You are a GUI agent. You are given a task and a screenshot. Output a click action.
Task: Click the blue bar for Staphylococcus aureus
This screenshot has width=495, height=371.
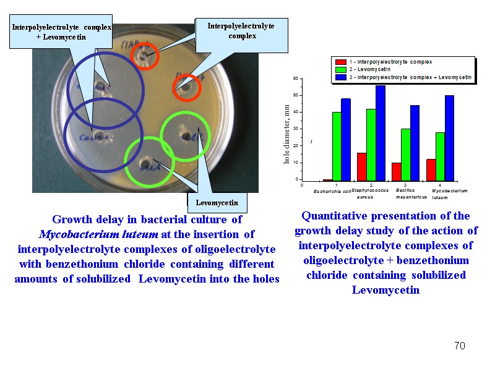(380, 133)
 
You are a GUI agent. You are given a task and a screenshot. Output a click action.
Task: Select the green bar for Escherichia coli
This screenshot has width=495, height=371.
(337, 147)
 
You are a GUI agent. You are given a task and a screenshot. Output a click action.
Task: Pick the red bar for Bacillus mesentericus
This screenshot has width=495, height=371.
(396, 171)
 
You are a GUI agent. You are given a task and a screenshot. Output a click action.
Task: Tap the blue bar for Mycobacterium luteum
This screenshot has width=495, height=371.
(449, 138)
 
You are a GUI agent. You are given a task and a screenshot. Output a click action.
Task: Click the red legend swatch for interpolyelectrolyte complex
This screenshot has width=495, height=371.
(340, 62)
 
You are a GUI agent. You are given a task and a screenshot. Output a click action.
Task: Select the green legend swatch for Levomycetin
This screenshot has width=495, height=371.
(340, 70)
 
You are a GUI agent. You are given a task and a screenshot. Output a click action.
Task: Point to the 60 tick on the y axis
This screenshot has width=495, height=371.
(296, 79)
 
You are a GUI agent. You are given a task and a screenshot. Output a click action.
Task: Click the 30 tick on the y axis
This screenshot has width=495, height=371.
(296, 129)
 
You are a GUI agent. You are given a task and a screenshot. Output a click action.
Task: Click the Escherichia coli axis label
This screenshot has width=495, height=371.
(332, 192)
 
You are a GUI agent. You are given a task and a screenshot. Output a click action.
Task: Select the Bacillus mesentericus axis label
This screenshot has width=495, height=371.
(408, 194)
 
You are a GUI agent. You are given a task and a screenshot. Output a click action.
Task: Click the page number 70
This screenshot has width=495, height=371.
(459, 346)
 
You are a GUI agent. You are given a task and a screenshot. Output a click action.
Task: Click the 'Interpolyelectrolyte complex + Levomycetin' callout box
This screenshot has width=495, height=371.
(61, 33)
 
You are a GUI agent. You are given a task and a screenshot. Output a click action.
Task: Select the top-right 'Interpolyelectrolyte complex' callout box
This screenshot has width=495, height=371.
(241, 31)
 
